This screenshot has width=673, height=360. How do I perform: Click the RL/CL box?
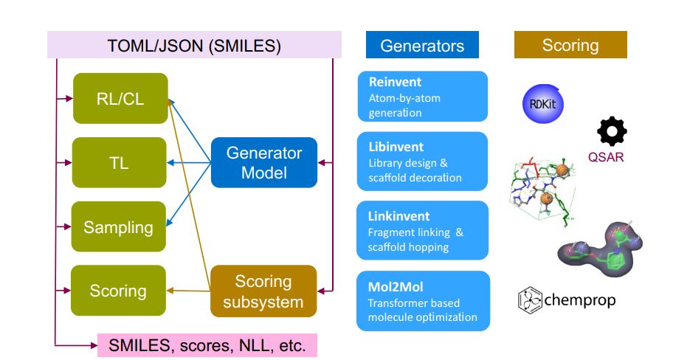click(x=120, y=98)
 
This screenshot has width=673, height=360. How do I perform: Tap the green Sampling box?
click(x=118, y=226)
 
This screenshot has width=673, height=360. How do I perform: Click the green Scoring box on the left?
click(x=118, y=291)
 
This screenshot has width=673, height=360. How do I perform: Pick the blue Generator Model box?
click(x=263, y=163)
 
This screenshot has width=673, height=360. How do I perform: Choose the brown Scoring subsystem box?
click(x=263, y=291)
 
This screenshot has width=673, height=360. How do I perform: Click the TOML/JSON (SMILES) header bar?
click(x=194, y=45)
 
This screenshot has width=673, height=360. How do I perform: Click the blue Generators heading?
click(x=422, y=45)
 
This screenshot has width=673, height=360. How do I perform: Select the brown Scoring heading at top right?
click(x=570, y=45)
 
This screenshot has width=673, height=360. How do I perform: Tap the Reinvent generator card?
click(x=422, y=97)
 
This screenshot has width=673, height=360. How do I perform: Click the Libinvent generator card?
click(x=422, y=161)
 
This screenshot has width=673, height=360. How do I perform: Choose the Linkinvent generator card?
click(x=422, y=230)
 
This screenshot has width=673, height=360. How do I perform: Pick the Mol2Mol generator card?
click(x=422, y=300)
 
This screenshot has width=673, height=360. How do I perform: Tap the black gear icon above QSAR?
click(x=611, y=131)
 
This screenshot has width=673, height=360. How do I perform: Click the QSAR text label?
click(x=607, y=156)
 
